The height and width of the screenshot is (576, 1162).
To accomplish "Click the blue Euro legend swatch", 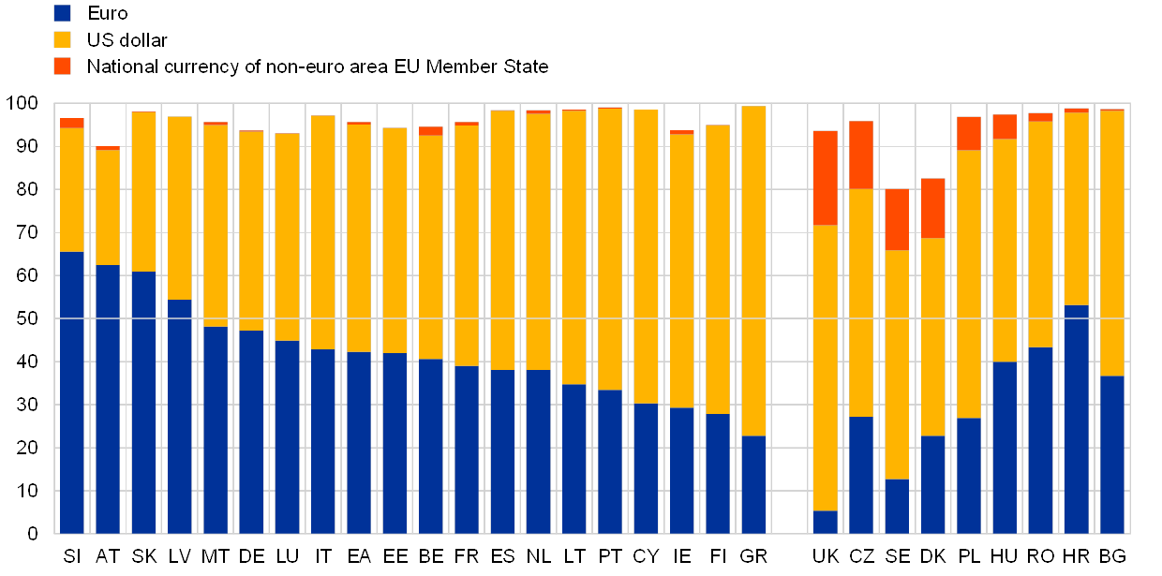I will (x=63, y=13).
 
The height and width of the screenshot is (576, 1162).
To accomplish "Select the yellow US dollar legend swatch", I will (x=63, y=39).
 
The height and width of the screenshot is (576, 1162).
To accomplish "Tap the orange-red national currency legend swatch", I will (x=63, y=66).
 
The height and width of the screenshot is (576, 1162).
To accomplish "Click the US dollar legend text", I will (x=127, y=39).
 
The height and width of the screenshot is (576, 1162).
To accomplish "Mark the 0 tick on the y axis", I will (x=32, y=534).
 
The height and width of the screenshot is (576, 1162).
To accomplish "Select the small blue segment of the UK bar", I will (x=825, y=522).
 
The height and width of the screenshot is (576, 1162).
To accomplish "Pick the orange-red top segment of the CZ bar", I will (x=861, y=155).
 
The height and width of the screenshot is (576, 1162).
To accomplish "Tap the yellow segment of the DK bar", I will (x=932, y=337).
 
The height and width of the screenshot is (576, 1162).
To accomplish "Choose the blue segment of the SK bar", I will (x=143, y=403).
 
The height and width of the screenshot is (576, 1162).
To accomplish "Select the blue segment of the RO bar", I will (x=1040, y=440).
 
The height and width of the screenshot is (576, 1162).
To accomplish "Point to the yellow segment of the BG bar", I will (x=1112, y=244).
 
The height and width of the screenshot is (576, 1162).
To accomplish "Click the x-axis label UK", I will (x=825, y=556).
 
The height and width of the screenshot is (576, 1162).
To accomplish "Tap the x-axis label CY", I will (x=646, y=556).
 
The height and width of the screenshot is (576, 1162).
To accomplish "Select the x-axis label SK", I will (x=143, y=556).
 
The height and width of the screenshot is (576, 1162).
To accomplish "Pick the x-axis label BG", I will (x=1112, y=556).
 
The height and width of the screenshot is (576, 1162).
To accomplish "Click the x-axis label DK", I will (x=932, y=556).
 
